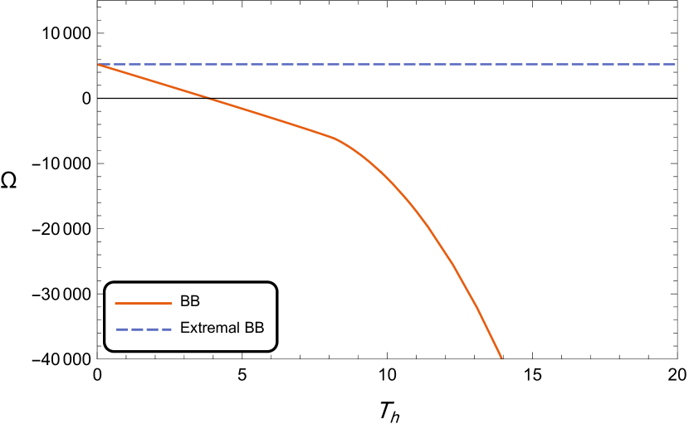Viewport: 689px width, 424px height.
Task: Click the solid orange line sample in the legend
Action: click(x=143, y=304)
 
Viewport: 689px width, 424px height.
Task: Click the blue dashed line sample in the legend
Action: click(x=144, y=329)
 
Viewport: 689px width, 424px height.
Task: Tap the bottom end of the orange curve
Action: click(x=501, y=358)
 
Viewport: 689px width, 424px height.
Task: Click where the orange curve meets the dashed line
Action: click(x=99, y=64)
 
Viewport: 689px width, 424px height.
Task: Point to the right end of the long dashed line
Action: click(x=676, y=64)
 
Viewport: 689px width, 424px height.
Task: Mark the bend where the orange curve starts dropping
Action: click(x=335, y=138)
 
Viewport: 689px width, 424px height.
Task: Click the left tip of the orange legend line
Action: click(x=115, y=304)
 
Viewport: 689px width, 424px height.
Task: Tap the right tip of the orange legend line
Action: click(x=171, y=304)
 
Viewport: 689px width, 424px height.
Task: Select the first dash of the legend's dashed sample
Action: click(x=121, y=329)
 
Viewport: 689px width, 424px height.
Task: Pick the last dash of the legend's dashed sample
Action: click(x=165, y=329)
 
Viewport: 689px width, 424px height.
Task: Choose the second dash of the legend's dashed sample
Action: click(x=136, y=329)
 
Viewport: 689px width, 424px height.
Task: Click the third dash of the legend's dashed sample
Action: click(x=151, y=329)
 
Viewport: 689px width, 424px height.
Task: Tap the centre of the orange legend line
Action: click(x=143, y=304)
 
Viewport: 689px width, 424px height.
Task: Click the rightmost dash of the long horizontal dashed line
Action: click(x=670, y=64)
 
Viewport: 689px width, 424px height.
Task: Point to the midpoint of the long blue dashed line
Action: click(x=387, y=64)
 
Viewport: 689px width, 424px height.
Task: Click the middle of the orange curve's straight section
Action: click(x=217, y=101)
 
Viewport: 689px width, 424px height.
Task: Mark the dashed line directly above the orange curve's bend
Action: click(x=335, y=64)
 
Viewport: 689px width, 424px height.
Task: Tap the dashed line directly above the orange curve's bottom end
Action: click(x=501, y=64)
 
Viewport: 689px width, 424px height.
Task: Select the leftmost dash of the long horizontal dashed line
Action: click(x=105, y=64)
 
